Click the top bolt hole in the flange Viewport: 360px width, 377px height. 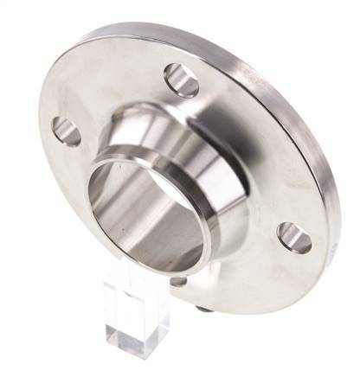point(182,80)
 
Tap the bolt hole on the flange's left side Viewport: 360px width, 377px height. point(66,131)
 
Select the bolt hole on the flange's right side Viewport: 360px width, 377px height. point(295,238)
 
